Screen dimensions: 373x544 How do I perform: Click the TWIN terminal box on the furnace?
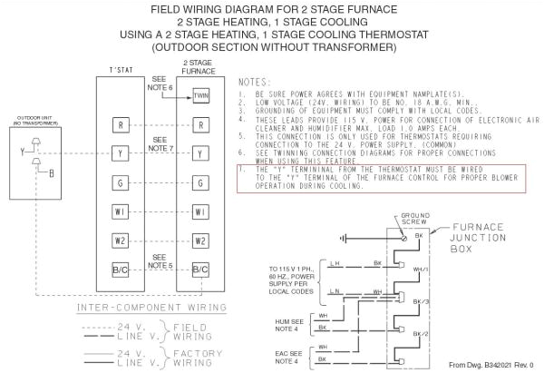pyautogui.click(x=200, y=95)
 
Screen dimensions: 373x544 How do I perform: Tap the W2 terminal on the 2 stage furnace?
pyautogui.click(x=200, y=241)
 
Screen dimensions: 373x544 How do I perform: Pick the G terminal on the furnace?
pyautogui.click(x=200, y=184)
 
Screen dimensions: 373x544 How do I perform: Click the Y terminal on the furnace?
pyautogui.click(x=200, y=155)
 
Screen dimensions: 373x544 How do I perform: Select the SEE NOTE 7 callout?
pyautogui.click(x=161, y=143)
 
